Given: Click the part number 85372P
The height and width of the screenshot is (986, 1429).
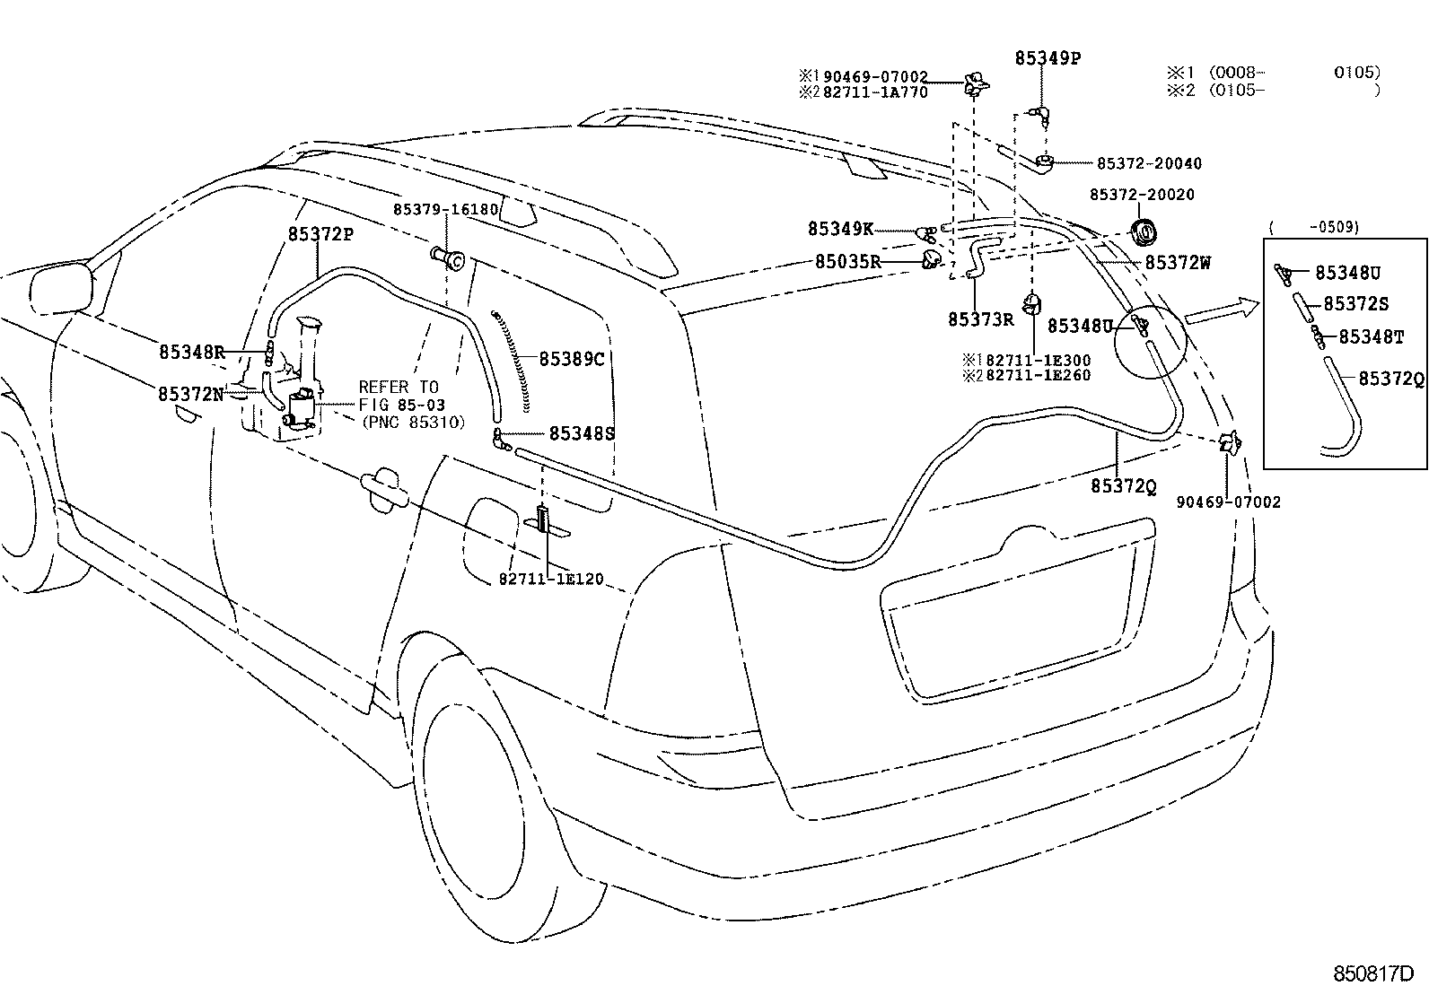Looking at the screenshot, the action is (320, 234).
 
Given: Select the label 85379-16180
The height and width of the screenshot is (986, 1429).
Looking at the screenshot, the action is (445, 209).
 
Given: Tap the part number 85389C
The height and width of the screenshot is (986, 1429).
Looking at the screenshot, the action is (572, 359).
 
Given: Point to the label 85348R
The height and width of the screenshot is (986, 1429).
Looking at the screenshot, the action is (191, 352).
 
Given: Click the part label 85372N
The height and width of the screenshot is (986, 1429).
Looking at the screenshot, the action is (191, 394).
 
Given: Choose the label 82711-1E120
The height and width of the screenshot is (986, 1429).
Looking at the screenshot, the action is (551, 579).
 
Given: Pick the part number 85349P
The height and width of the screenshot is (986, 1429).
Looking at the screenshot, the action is (1048, 58).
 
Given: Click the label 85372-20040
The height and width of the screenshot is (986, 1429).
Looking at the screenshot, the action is (1150, 164).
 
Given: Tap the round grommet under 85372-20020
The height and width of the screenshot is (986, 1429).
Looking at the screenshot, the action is (1143, 231).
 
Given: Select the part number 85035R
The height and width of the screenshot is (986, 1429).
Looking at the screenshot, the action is (848, 261).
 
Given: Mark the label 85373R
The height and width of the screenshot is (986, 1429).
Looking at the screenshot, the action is (980, 319).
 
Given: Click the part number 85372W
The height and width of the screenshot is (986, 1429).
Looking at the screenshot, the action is (1178, 262).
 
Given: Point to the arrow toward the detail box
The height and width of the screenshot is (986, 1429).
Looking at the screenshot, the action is (1223, 310).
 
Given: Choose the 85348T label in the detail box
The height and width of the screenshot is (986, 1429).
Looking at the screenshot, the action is (1371, 336).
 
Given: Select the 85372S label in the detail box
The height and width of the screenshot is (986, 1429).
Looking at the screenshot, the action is (1355, 303).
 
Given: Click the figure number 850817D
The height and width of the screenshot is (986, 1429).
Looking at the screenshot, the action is (1373, 973).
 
